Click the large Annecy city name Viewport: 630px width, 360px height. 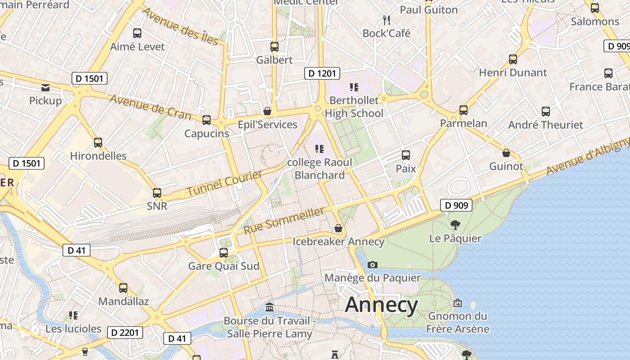point(382,305)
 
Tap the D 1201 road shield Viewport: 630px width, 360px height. point(322,73)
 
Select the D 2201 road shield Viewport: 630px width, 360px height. point(125,333)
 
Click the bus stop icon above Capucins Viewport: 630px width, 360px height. point(207,120)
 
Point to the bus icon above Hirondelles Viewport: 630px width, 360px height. point(98,143)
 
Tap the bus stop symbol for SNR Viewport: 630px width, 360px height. point(157,193)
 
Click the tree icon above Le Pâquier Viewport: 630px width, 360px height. point(455,225)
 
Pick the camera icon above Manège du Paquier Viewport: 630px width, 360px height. point(373,265)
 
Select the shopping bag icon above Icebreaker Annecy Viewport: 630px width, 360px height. point(338,229)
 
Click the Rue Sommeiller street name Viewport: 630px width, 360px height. point(284,221)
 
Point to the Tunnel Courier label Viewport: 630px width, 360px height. point(225,183)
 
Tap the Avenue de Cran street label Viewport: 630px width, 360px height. point(150,108)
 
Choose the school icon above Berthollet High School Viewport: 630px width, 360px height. point(354,87)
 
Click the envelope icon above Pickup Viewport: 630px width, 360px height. point(45,87)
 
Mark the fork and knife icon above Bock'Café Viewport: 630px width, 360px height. point(386,20)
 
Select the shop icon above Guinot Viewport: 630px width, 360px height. point(506,153)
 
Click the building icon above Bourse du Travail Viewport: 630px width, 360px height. point(270,307)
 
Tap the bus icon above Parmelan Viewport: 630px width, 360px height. point(463,110)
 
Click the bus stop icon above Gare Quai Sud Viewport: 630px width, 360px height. point(224,253)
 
